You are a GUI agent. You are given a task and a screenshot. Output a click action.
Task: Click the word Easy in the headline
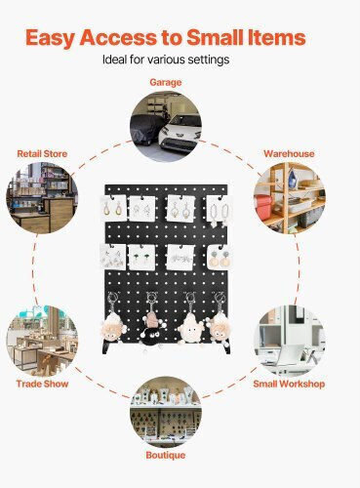click(51, 38)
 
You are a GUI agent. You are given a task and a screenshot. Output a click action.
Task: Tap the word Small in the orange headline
click(215, 37)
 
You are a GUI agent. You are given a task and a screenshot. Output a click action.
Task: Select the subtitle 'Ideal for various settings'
click(166, 60)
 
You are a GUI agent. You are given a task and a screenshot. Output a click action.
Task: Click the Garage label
click(166, 82)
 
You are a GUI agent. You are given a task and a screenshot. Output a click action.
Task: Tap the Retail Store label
click(42, 153)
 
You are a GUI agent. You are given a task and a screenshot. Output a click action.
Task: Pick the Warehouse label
click(289, 153)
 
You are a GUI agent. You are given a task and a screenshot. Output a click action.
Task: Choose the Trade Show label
click(42, 384)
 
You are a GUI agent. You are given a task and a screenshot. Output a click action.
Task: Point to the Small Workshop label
click(289, 384)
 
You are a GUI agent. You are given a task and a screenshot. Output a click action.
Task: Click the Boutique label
click(166, 455)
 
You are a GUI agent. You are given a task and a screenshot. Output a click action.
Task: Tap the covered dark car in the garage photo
click(144, 129)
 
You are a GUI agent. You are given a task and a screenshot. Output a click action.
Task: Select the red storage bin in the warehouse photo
click(262, 208)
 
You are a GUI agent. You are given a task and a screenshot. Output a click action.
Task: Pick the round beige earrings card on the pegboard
click(220, 258)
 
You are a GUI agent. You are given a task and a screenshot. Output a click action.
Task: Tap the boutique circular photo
click(166, 412)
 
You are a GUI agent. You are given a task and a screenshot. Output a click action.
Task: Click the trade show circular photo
click(42, 341)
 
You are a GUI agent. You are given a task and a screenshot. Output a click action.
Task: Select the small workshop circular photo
click(290, 341)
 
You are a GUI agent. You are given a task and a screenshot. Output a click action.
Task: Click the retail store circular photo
click(42, 198)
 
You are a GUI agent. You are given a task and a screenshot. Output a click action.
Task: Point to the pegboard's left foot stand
click(106, 347)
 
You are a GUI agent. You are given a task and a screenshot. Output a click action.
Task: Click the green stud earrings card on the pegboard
click(142, 257)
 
